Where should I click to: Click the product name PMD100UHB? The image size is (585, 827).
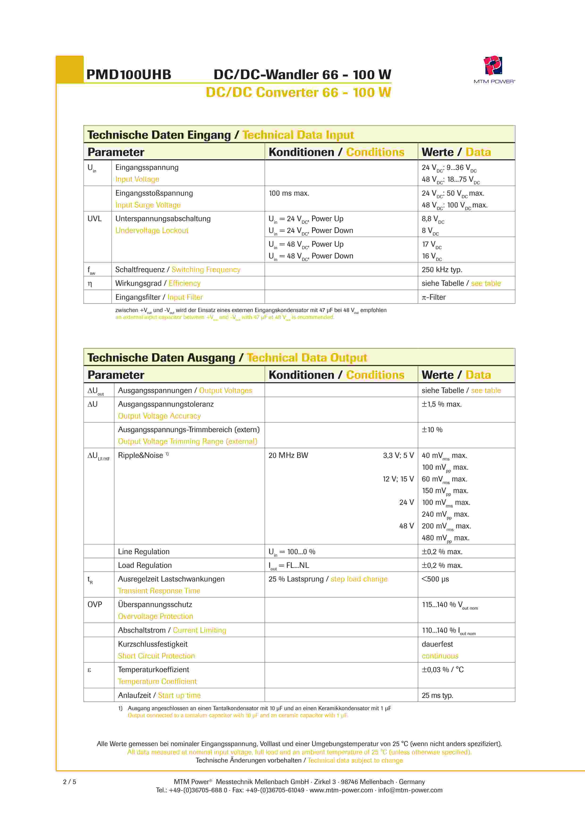pos(129,75)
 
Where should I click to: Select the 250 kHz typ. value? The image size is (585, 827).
pos(442,270)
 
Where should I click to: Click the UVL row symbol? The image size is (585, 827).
pos(94,219)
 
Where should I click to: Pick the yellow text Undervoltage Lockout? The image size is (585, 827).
pos(152,231)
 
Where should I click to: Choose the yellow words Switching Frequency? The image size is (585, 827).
pos(206,270)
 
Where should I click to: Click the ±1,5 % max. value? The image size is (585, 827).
pos(441,404)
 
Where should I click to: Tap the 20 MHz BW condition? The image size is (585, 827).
pos(288,455)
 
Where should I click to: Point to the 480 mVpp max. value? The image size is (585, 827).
pos(445,538)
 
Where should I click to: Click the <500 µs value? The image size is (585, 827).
pos(435,579)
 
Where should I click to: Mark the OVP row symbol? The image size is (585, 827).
pos(95,604)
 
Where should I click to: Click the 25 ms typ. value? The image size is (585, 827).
pos(437,696)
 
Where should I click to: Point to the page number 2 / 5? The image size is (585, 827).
pos(70,782)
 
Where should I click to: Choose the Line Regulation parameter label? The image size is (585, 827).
pos(143,552)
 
